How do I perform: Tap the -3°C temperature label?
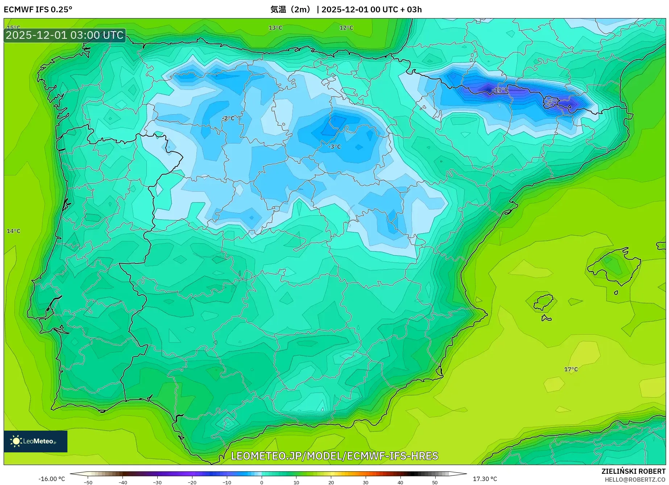(x=334, y=147)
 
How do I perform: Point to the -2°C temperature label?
(x=228, y=119)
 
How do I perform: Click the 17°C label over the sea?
(x=571, y=369)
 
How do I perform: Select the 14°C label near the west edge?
(x=13, y=231)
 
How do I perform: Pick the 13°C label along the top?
(x=275, y=28)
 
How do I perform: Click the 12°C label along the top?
(x=346, y=28)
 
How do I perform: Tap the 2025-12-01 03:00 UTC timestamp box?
(x=65, y=35)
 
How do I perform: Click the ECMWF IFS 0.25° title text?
(x=38, y=9)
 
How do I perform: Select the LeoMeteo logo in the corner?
(x=36, y=441)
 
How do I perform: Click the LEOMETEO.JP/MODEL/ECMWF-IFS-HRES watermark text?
(x=334, y=456)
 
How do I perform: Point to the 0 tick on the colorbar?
(x=262, y=482)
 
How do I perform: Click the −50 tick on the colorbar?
(x=88, y=482)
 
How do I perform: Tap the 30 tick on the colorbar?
(x=365, y=482)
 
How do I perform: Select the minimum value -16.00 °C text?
(x=51, y=479)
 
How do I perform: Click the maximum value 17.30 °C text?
(x=485, y=479)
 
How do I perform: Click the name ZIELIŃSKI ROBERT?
(x=633, y=472)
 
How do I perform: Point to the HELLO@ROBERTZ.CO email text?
(x=635, y=480)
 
